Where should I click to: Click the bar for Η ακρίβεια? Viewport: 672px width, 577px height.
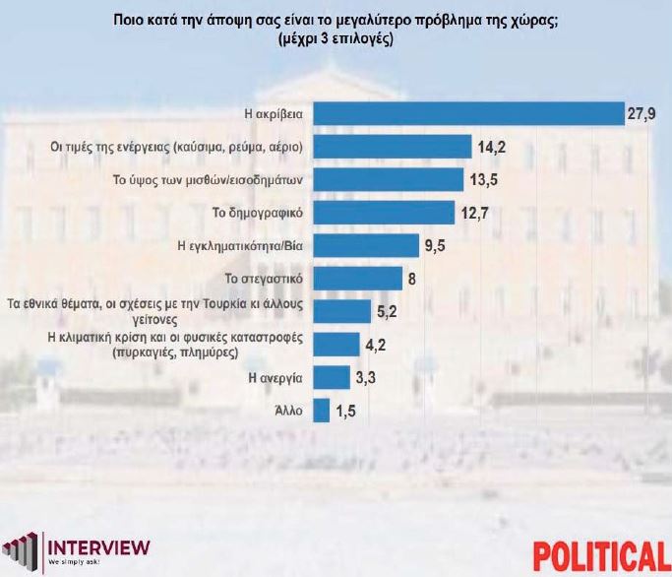pyautogui.click(x=468, y=114)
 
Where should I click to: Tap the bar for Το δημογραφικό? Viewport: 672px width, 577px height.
pyautogui.click(x=384, y=212)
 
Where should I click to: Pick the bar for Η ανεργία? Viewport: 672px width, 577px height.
pyautogui.click(x=332, y=377)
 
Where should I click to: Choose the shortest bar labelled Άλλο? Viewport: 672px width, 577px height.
pyautogui.click(x=322, y=410)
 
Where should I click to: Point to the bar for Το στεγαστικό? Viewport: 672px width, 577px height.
pyautogui.click(x=357, y=278)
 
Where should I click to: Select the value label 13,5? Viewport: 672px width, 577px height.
pyautogui.click(x=484, y=180)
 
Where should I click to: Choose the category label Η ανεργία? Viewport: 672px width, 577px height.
pyautogui.click(x=278, y=377)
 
